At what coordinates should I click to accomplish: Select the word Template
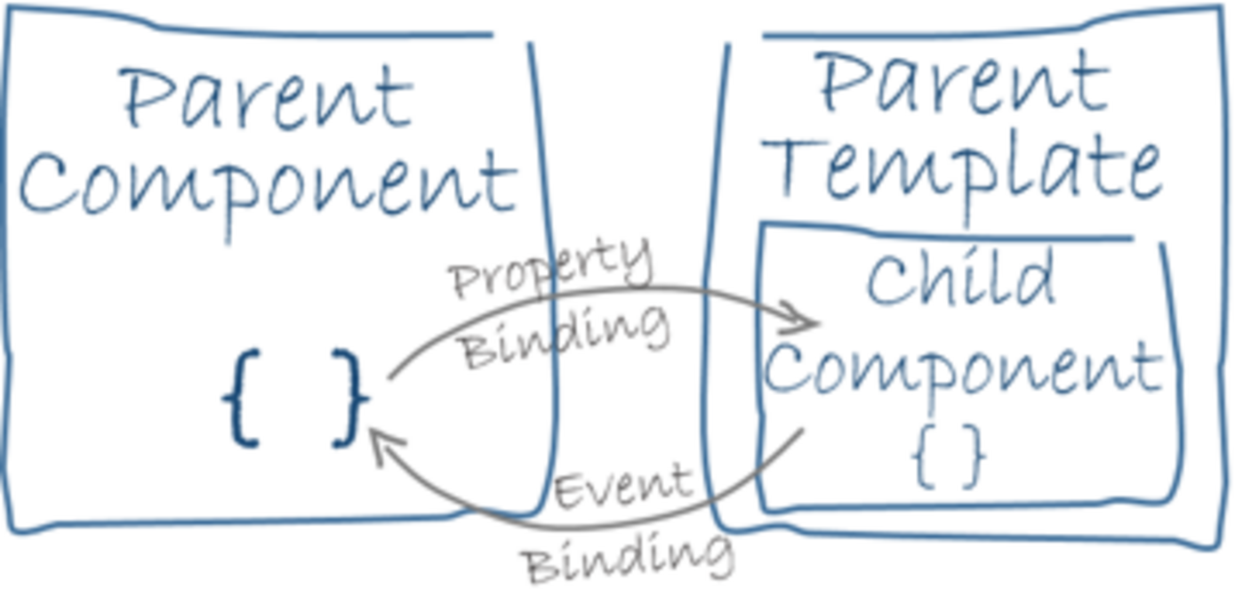pos(965,169)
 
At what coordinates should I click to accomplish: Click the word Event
pos(622,486)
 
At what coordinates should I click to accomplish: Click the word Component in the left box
pos(267,187)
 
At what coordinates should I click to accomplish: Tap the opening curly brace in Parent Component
pos(241,398)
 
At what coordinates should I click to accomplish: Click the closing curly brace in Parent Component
pos(349,398)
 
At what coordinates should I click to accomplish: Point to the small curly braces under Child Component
pos(950,456)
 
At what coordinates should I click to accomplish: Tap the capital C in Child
pos(889,279)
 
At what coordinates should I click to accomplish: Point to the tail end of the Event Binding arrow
pos(800,433)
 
